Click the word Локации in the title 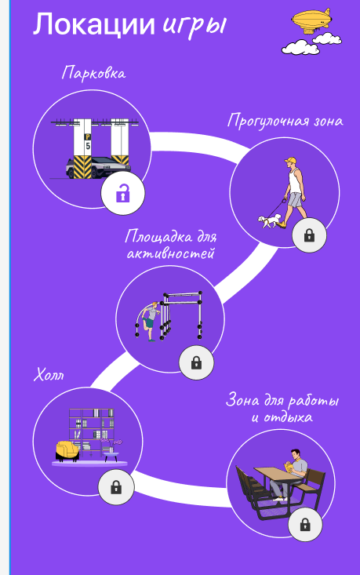(94, 24)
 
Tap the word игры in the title (194, 27)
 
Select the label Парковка (93, 72)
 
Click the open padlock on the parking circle (123, 193)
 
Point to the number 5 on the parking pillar (88, 146)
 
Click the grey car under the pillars (98, 168)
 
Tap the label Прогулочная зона (285, 121)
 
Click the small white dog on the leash (270, 221)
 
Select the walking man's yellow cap (290, 160)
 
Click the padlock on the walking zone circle (309, 235)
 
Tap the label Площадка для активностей (170, 245)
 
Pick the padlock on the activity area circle (197, 362)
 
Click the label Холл (49, 375)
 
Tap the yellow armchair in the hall (67, 451)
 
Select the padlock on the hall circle (116, 487)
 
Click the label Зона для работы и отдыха (282, 408)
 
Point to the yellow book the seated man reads (289, 468)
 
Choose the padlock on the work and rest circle (305, 524)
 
